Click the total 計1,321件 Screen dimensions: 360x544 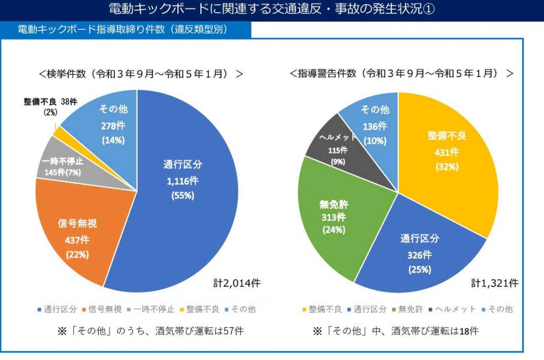tap(494, 283)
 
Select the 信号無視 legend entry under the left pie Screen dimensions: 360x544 tap(102, 309)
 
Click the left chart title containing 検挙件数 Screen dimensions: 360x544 tap(140, 74)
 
